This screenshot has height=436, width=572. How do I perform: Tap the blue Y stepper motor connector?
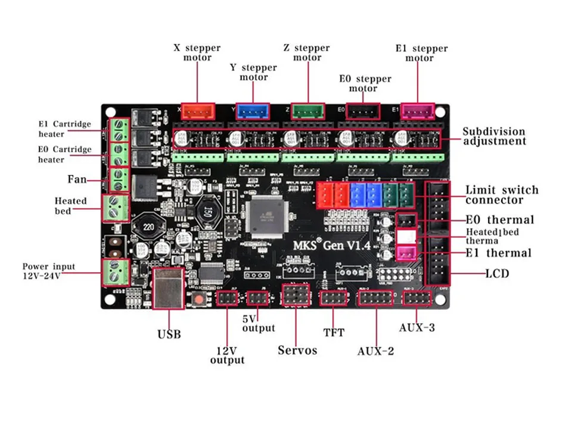click(253, 111)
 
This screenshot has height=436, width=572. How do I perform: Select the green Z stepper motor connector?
click(308, 111)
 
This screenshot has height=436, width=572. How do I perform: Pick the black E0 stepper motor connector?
click(363, 111)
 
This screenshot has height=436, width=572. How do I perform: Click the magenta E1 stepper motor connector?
click(418, 111)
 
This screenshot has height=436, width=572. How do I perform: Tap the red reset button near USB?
click(197, 297)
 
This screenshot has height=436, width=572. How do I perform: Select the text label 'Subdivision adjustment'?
click(494, 136)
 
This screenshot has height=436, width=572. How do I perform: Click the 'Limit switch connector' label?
click(502, 195)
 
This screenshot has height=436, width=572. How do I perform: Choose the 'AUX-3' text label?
click(416, 327)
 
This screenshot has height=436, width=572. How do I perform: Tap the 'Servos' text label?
click(297, 350)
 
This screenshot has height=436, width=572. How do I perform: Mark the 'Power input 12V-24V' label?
click(49, 271)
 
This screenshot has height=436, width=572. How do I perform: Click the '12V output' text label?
click(227, 355)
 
